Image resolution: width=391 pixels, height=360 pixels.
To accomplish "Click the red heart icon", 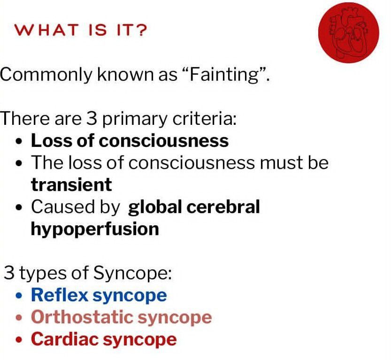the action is [x=349, y=33].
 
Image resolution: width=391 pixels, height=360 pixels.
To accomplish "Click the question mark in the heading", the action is [x=142, y=30].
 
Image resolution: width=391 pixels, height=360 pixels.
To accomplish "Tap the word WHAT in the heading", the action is [x=46, y=30].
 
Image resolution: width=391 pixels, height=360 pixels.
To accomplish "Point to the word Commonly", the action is [x=46, y=75].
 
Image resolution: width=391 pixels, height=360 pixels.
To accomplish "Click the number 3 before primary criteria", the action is [x=92, y=118].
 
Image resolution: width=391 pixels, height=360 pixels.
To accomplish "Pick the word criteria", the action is [x=204, y=118].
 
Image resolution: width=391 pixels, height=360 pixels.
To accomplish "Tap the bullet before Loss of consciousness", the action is [x=19, y=142].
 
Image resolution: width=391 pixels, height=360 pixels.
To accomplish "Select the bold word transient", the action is [x=71, y=185].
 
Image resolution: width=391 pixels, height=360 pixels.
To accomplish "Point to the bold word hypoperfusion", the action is [x=95, y=230].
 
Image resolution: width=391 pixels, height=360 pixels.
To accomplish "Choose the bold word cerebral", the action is [x=223, y=207].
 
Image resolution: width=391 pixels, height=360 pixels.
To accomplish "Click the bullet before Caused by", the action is [x=19, y=207].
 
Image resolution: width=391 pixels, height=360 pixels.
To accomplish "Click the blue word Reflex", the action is [x=60, y=295].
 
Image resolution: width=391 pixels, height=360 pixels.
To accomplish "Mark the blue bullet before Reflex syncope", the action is [x=19, y=296].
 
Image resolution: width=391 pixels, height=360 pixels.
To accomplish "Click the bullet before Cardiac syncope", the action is [x=19, y=340].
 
